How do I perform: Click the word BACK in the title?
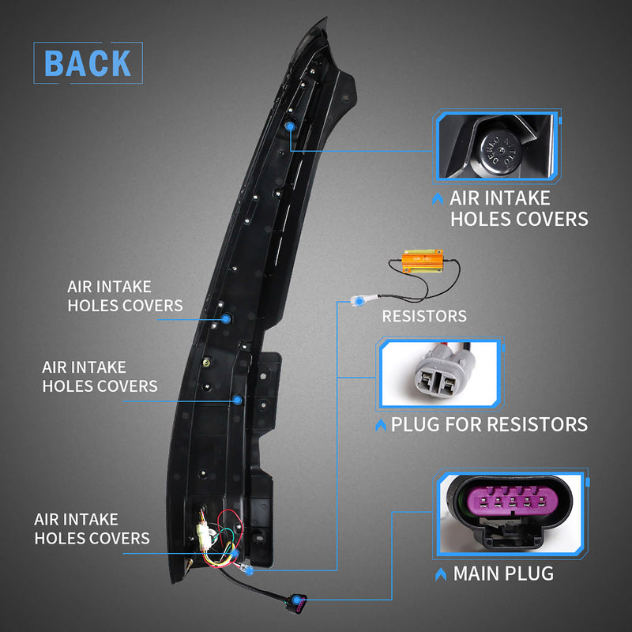click(88, 64)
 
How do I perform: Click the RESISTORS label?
click(424, 317)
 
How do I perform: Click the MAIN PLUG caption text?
click(503, 573)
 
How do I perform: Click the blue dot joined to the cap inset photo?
click(289, 126)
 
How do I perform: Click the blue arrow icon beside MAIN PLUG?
click(439, 574)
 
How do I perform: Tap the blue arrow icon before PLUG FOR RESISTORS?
click(382, 426)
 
